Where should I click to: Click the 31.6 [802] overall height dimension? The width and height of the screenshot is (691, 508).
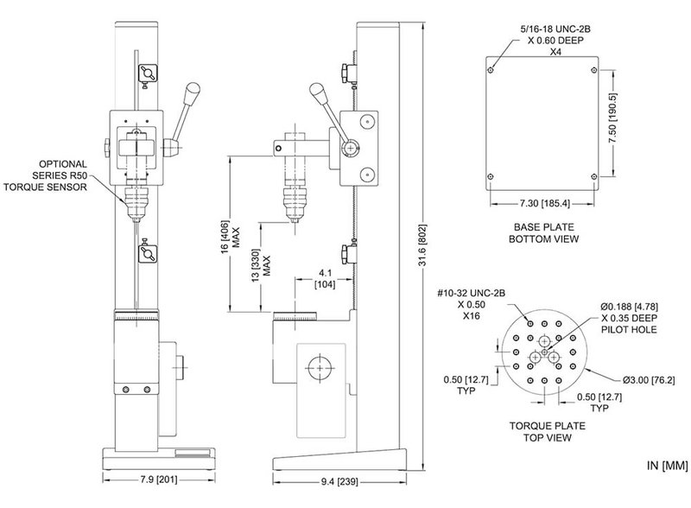pyautogui.click(x=422, y=246)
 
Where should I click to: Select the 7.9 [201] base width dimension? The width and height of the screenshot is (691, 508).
pyautogui.click(x=159, y=479)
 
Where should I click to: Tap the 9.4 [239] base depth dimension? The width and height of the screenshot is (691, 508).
pyautogui.click(x=339, y=481)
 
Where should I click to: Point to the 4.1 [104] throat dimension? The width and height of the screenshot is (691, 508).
pyautogui.click(x=325, y=279)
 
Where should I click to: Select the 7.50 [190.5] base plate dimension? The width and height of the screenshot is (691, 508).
pyautogui.click(x=612, y=118)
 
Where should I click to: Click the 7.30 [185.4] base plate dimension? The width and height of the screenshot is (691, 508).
pyautogui.click(x=544, y=203)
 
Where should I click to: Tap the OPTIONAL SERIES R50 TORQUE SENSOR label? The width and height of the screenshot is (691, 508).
pyautogui.click(x=46, y=175)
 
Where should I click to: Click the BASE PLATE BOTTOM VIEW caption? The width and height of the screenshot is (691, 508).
pyautogui.click(x=544, y=233)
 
